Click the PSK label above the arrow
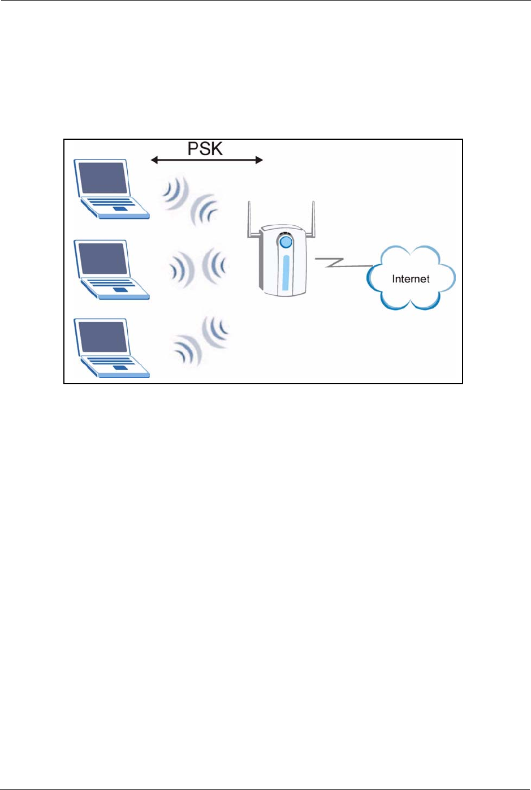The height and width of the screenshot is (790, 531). point(205,149)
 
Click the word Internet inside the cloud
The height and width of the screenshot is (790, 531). point(411,279)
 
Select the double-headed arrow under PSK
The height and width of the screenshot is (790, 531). point(207,160)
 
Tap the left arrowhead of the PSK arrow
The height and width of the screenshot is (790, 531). point(154,160)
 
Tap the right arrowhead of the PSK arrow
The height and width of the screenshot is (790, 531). point(259,160)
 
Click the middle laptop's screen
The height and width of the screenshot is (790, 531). point(102,259)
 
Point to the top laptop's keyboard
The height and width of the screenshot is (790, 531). point(111,202)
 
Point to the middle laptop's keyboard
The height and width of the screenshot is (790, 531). point(111,282)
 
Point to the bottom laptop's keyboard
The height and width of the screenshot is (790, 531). point(111,361)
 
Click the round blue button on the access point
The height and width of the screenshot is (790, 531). point(286,242)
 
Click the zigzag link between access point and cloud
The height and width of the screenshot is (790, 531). point(339,262)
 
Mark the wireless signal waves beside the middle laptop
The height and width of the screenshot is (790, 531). point(198,266)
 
